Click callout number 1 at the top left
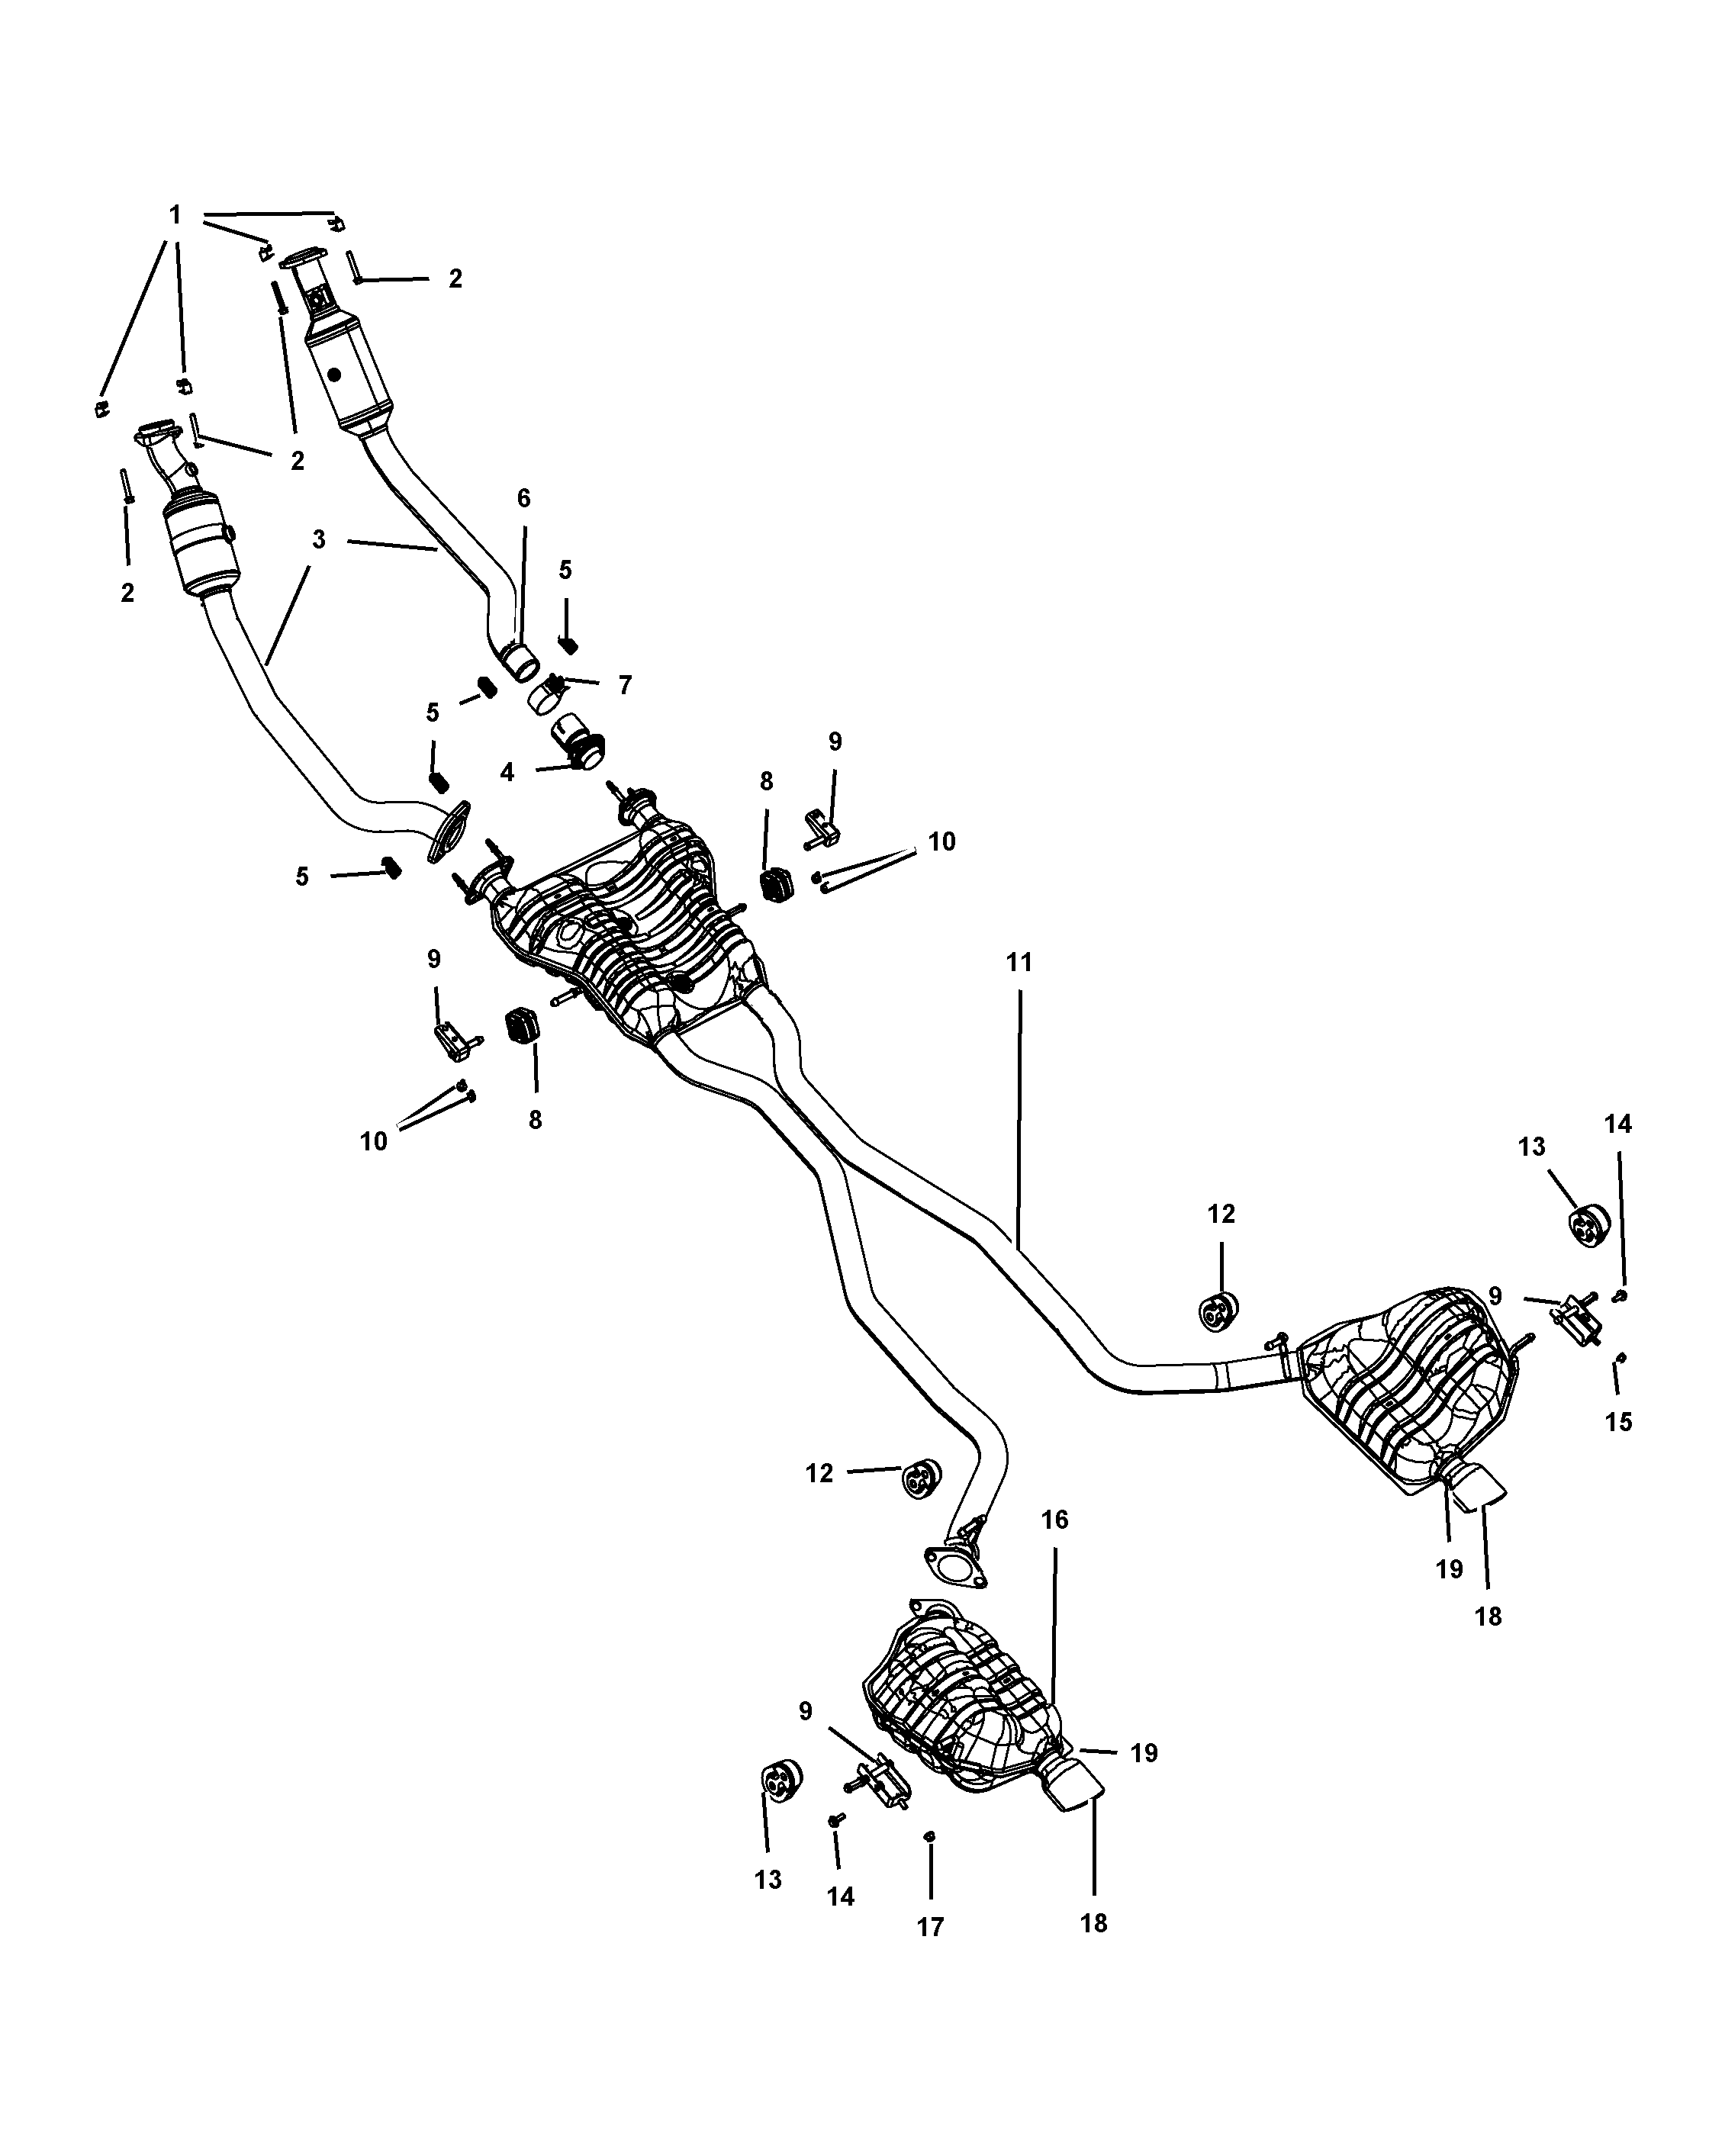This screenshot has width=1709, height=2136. (x=175, y=215)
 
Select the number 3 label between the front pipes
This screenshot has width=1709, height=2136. (x=318, y=540)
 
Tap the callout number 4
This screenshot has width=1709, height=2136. (x=507, y=772)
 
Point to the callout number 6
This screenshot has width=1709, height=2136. (x=524, y=497)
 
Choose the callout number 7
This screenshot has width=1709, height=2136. (x=624, y=684)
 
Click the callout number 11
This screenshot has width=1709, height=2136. (x=1019, y=962)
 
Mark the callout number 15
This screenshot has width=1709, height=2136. (x=1618, y=1422)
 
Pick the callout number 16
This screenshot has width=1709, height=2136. (x=1055, y=1519)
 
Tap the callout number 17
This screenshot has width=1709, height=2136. (x=930, y=1927)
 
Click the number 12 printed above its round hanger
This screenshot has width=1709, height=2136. (x=1221, y=1214)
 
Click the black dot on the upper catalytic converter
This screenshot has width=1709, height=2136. (x=334, y=375)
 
